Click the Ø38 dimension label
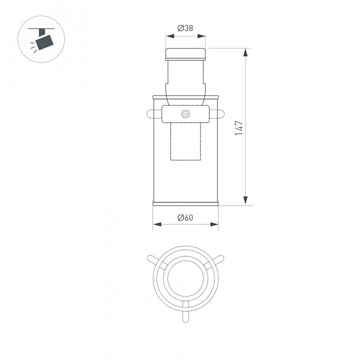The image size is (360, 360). pos(185,28)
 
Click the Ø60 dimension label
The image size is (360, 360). pos(185,217)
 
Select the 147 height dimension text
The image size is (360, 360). pos(239,128)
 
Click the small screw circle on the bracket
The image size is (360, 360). pos(185,114)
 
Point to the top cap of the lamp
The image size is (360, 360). pos(185,54)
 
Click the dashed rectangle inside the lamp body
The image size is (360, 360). pos(185,141)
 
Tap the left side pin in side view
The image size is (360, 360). pos(154,114)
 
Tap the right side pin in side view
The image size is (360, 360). pos(216,114)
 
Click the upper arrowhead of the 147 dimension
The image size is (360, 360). pos(245,52)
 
